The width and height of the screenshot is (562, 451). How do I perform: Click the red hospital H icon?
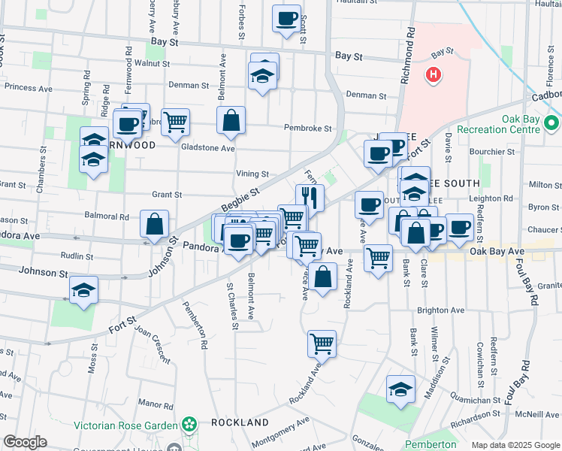[x=433, y=74]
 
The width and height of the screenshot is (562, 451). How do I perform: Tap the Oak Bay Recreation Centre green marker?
[x=553, y=123]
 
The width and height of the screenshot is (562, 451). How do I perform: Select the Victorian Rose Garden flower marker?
[x=189, y=425]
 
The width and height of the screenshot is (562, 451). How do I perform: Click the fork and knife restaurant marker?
[x=310, y=198]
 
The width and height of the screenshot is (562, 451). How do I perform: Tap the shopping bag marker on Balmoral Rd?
[x=154, y=223]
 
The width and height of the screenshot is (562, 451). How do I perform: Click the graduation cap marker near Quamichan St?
[x=401, y=389]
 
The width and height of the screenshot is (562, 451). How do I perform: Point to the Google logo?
[x=25, y=442]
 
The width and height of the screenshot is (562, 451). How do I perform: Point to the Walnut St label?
[x=147, y=64]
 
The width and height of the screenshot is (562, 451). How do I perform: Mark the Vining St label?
[x=252, y=174]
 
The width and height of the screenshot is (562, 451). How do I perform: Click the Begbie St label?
[x=240, y=201]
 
